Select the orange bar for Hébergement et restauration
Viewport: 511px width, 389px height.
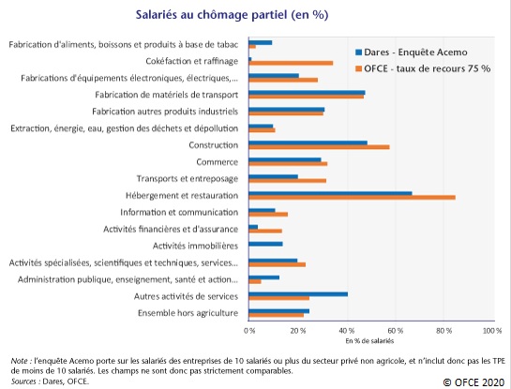coord(352,198)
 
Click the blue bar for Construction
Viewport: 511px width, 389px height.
coord(308,142)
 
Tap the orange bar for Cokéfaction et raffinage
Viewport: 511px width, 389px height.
coord(291,63)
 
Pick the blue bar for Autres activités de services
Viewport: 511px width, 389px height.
coord(298,294)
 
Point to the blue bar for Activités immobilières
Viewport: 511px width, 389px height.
coord(265,244)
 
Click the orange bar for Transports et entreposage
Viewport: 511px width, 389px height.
coord(288,181)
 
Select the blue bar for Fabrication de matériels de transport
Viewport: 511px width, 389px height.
coord(307,93)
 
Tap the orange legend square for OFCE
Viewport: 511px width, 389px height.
coord(358,68)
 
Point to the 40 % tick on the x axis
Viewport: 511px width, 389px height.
coord(348,331)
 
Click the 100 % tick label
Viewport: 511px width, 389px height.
coord(492,331)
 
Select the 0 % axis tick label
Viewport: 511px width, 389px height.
coord(249,331)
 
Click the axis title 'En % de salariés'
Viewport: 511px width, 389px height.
coord(369,341)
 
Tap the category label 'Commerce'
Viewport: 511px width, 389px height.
coord(217,162)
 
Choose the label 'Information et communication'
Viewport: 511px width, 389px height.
coord(179,213)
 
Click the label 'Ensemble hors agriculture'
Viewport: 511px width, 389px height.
coord(188,313)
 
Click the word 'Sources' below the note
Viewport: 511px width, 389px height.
coord(23,382)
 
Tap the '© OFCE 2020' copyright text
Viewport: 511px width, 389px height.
coord(473,382)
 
